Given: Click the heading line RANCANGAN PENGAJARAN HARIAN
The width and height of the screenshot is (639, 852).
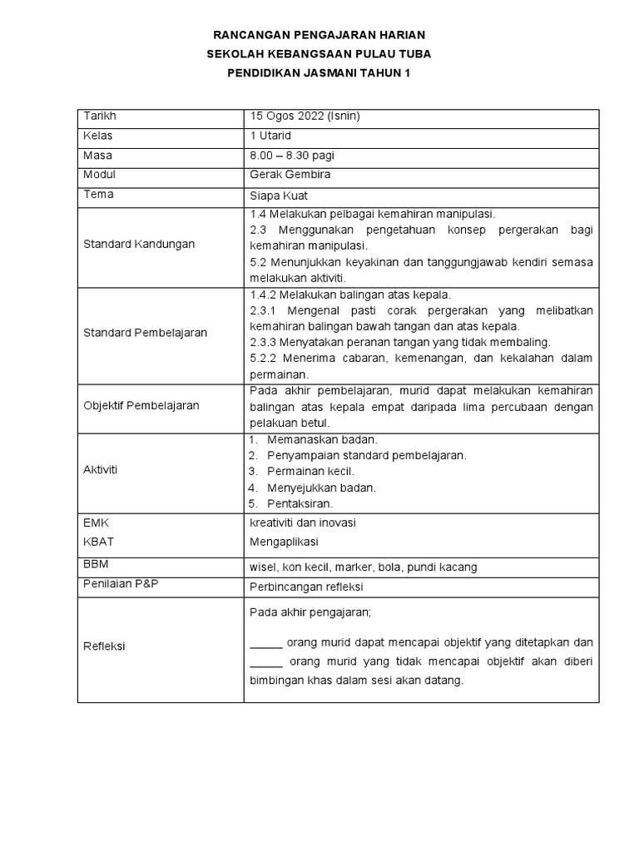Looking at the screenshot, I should [x=319, y=35].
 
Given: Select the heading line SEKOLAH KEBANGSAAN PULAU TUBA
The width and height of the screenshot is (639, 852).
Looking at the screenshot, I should [x=319, y=54].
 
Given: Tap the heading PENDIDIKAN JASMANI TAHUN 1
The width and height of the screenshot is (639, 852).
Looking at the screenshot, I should [x=319, y=73].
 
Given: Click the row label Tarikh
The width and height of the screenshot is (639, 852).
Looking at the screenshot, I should [x=98, y=116].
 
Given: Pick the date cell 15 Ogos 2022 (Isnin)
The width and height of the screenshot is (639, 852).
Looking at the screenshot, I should [x=305, y=116].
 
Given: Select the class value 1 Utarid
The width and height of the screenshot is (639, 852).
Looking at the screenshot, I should [x=270, y=136].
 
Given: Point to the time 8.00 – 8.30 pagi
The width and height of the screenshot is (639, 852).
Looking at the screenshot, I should [x=292, y=156].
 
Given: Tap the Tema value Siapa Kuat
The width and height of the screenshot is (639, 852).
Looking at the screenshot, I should [x=278, y=196].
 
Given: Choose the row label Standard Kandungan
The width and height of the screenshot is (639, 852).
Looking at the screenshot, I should [x=139, y=245].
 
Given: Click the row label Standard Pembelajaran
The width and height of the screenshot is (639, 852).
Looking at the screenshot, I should [x=146, y=333].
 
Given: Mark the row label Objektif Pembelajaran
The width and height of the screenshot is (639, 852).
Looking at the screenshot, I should [x=141, y=406].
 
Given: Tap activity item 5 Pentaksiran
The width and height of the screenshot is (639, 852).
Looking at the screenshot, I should [x=300, y=503].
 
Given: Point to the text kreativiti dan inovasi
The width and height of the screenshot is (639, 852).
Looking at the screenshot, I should [x=303, y=523].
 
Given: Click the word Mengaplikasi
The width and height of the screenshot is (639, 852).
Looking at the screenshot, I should [x=284, y=542].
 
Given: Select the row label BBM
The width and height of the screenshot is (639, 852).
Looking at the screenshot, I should [x=97, y=564].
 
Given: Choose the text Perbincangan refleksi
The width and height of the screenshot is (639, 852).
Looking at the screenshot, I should [x=306, y=587].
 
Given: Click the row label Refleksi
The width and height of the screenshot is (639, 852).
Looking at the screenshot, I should [x=105, y=646].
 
